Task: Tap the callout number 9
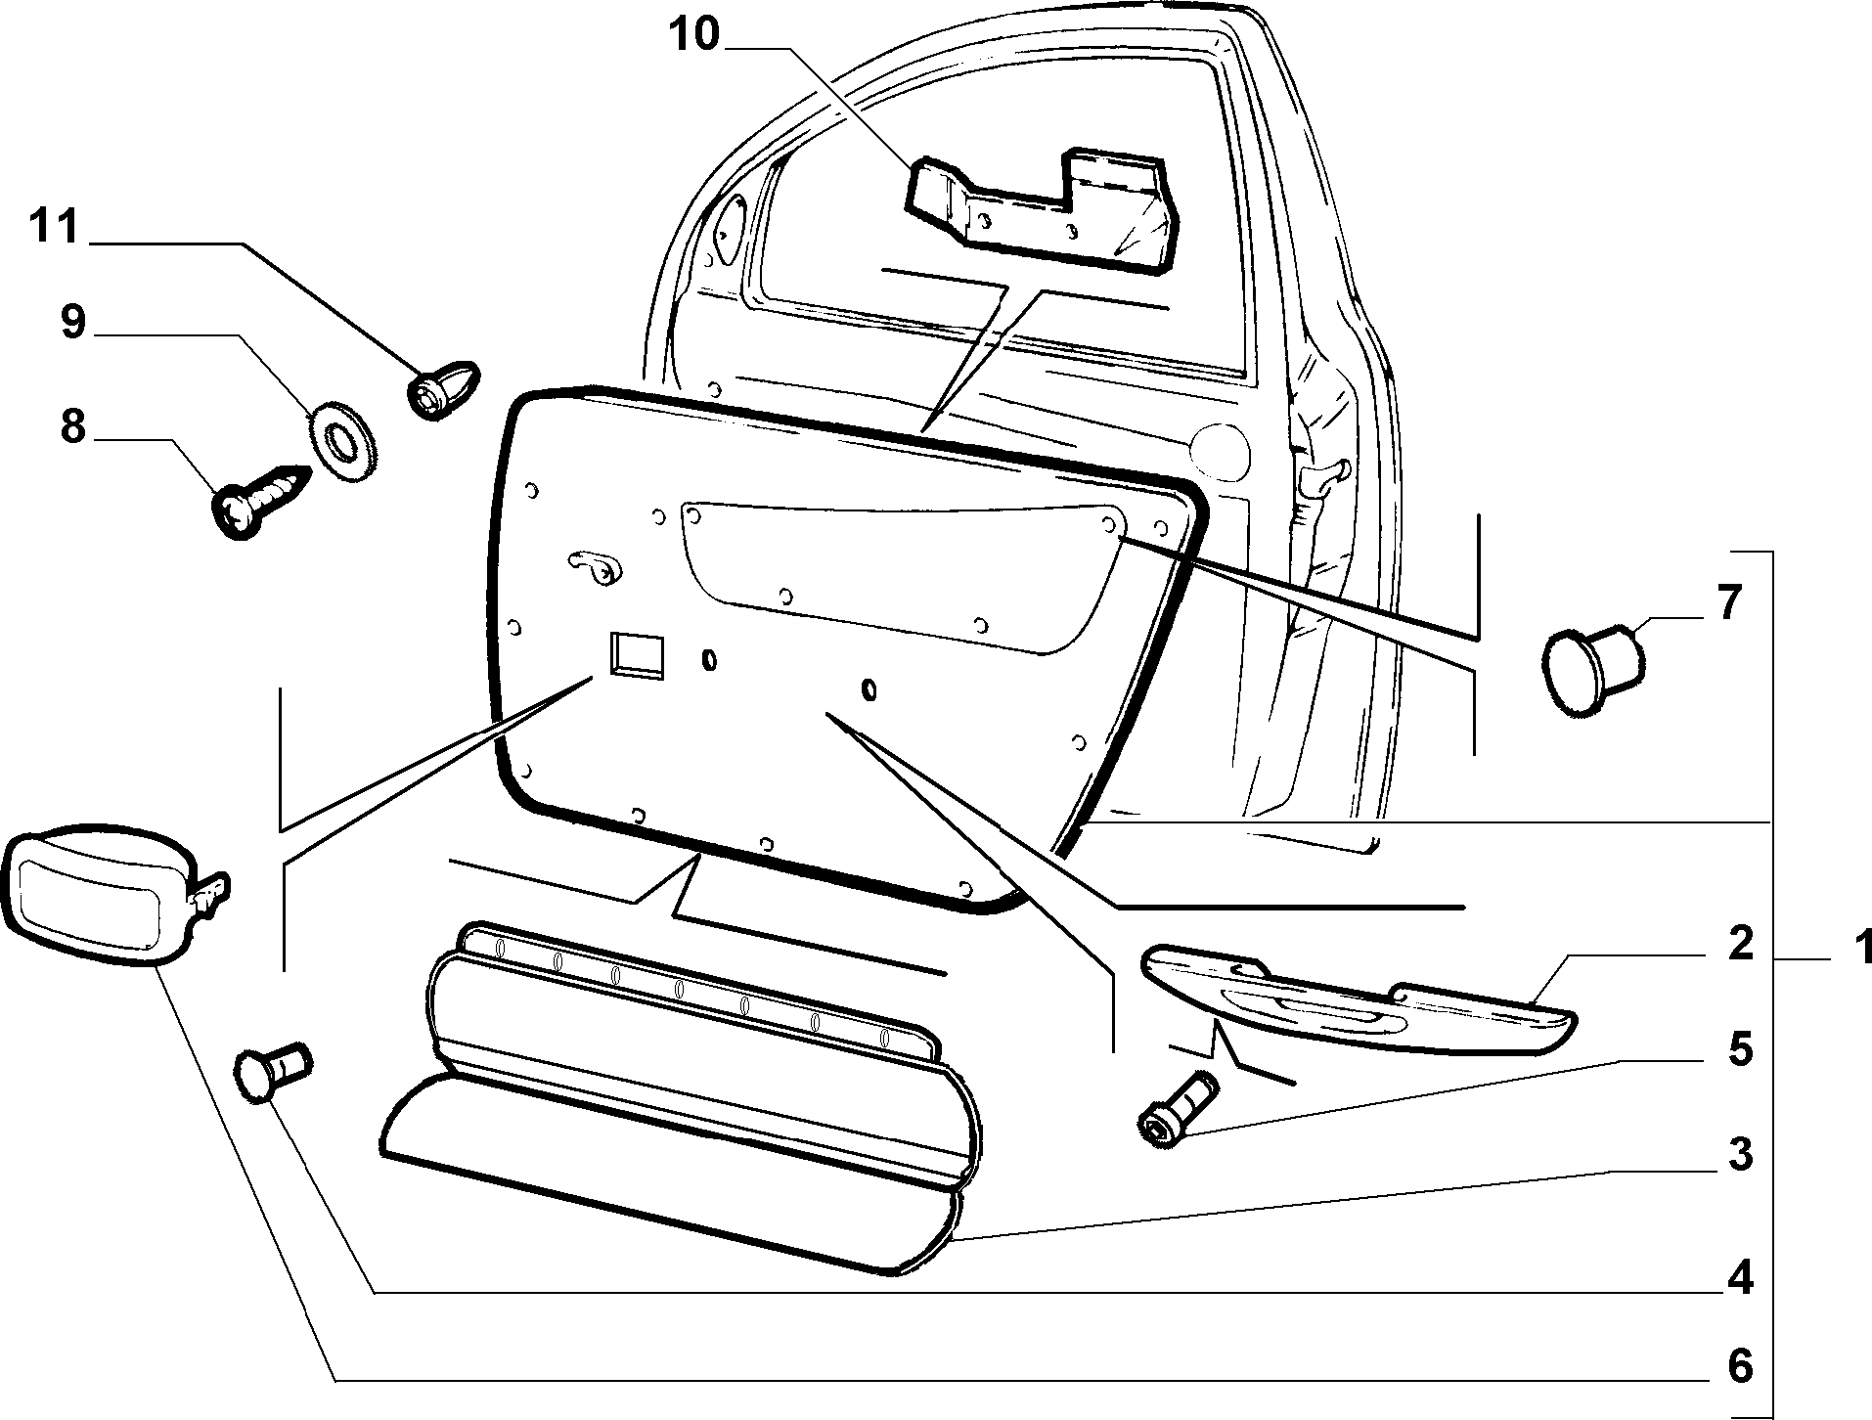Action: (73, 323)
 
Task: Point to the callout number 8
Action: (73, 427)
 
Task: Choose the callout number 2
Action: (1739, 946)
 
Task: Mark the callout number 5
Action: (1739, 1049)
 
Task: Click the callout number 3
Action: (1739, 1155)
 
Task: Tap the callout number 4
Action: (1739, 1277)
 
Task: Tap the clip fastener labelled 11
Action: (442, 390)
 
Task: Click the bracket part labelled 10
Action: (1042, 210)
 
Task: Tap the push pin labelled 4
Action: (271, 1072)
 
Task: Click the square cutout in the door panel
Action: (637, 654)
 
